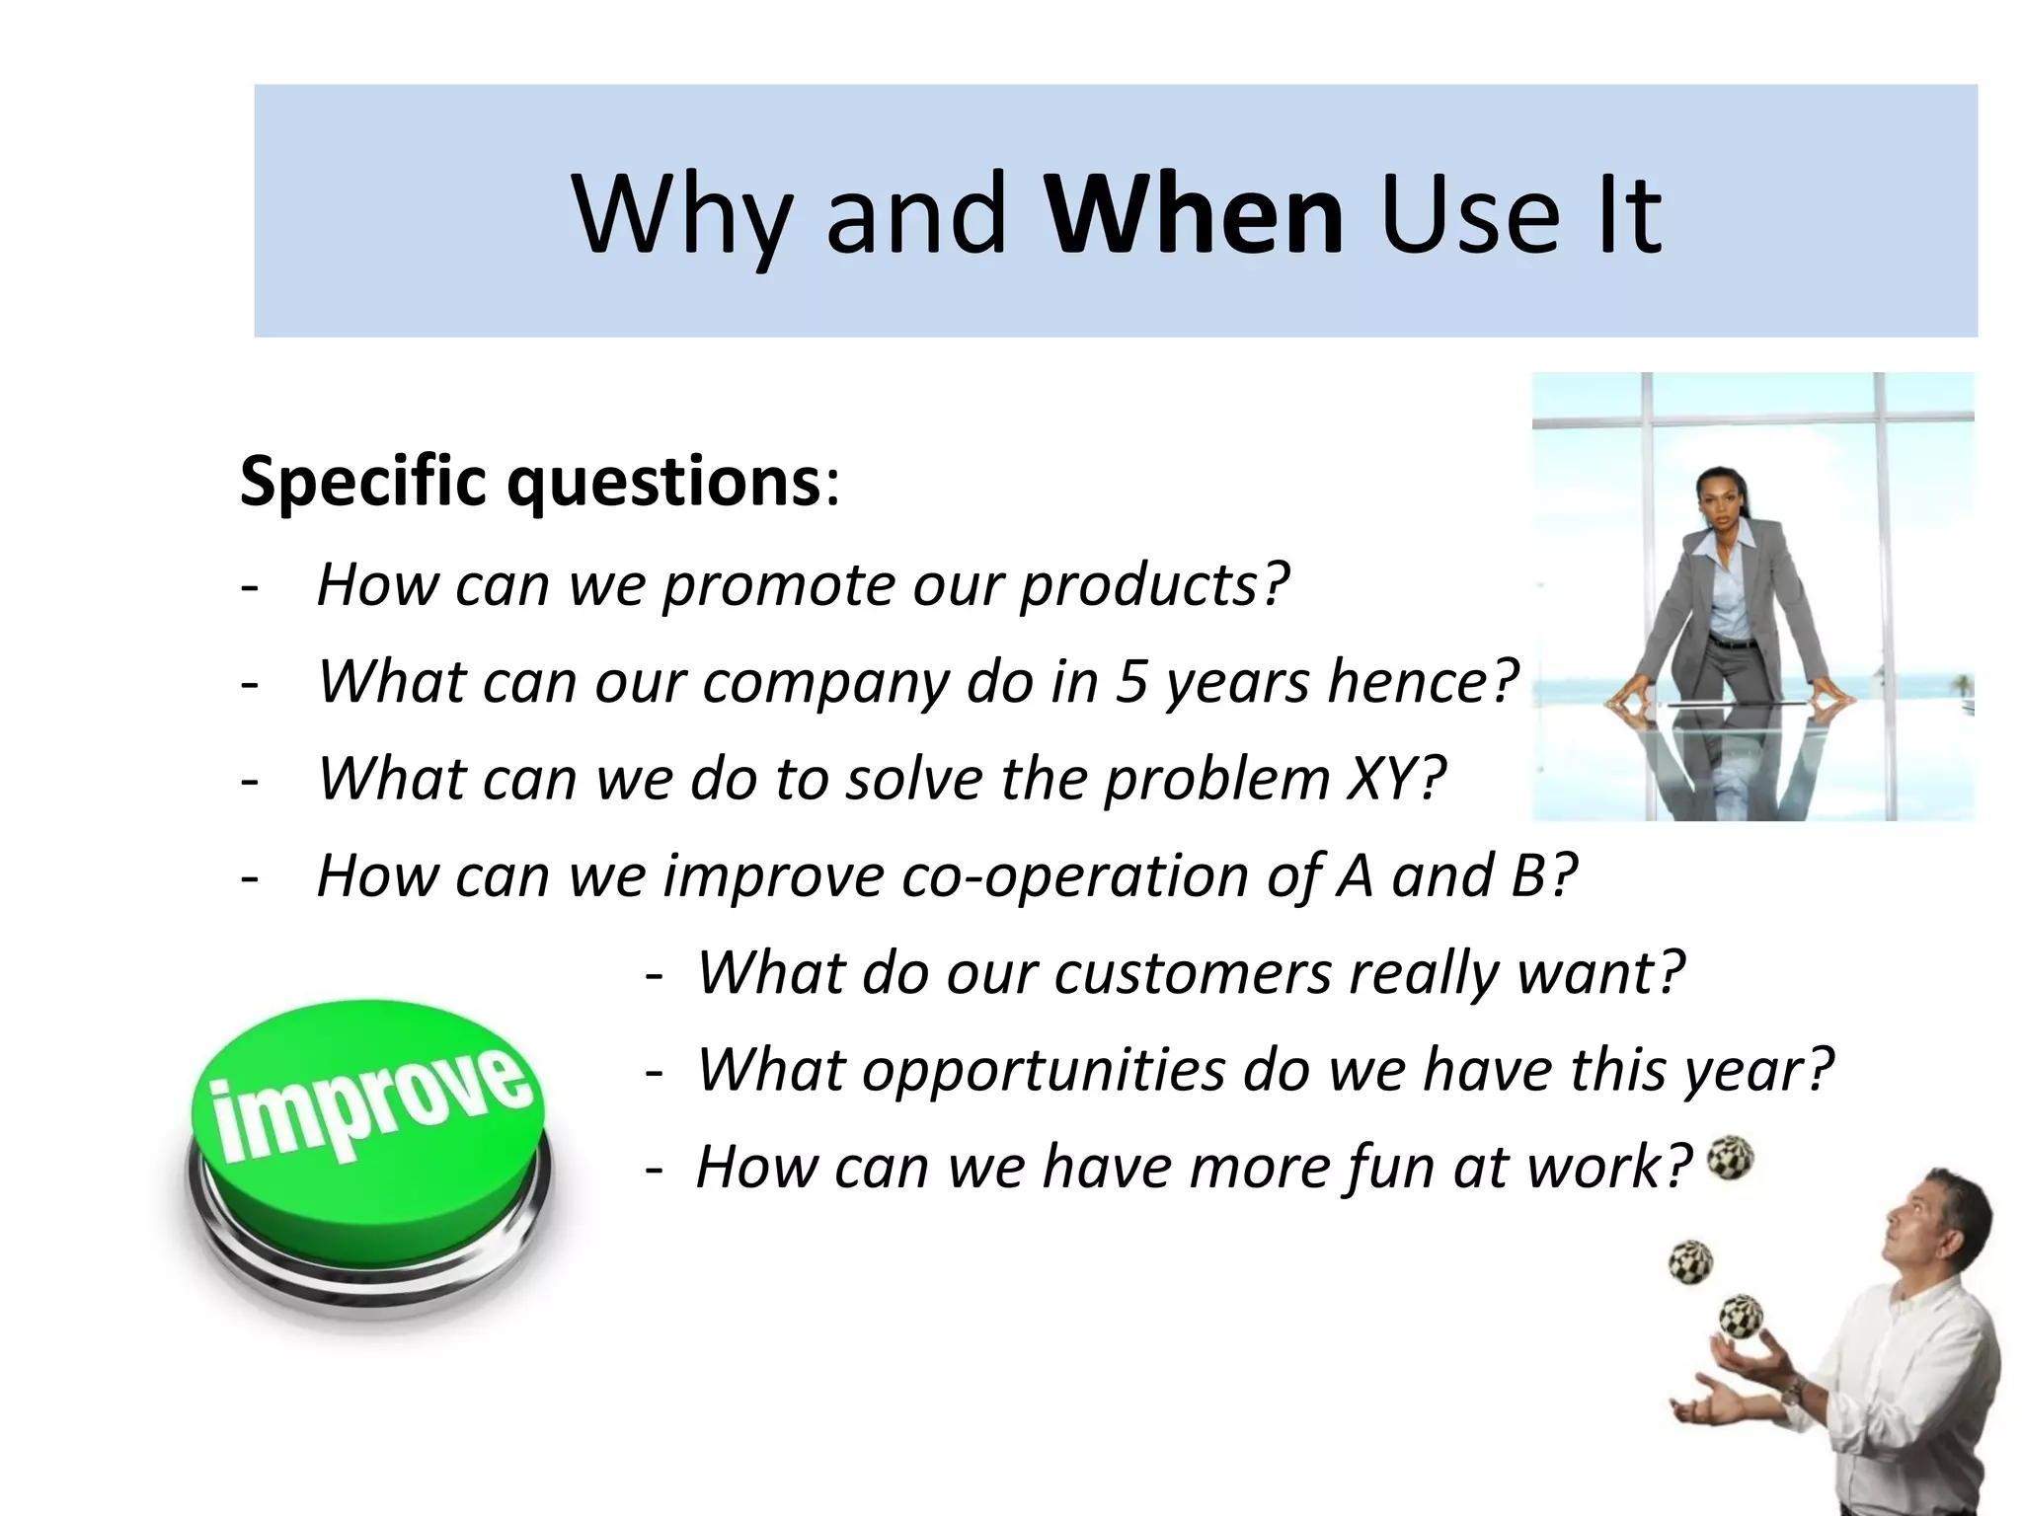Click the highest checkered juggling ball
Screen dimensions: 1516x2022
[x=1730, y=1158]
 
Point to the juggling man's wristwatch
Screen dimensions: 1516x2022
[x=1793, y=1392]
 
